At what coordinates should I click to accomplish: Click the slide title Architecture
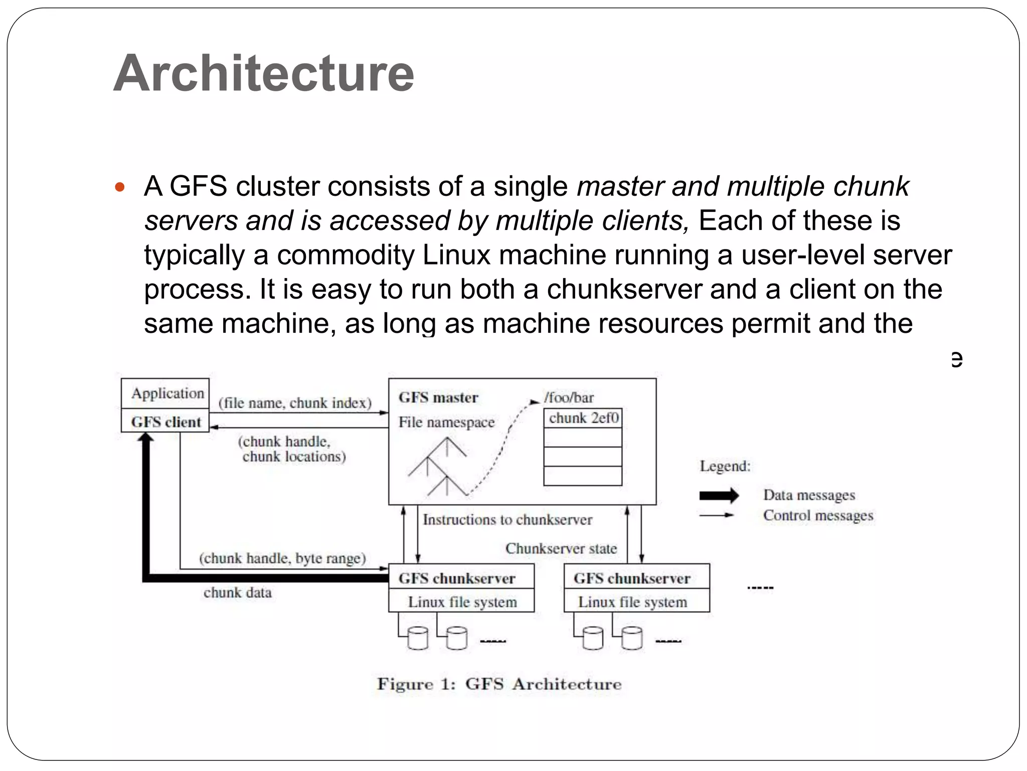(264, 73)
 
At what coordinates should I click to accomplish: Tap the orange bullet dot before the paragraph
(119, 188)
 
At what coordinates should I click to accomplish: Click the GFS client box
(165, 422)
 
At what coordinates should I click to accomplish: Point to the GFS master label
(438, 398)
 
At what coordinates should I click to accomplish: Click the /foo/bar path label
(569, 398)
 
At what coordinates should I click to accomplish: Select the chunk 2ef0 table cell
(583, 418)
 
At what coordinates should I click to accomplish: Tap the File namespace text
(446, 422)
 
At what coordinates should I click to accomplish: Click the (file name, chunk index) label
(295, 403)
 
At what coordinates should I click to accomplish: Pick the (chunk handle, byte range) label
(282, 558)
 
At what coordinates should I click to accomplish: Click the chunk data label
(238, 593)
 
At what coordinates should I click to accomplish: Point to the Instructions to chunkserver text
(507, 520)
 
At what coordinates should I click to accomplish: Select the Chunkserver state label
(561, 549)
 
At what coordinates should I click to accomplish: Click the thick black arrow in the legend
(719, 495)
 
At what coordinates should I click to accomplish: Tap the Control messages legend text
(818, 516)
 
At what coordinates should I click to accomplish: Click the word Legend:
(725, 466)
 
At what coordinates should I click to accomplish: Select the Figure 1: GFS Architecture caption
(499, 684)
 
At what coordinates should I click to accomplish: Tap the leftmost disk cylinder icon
(418, 638)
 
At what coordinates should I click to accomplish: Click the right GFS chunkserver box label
(632, 578)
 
